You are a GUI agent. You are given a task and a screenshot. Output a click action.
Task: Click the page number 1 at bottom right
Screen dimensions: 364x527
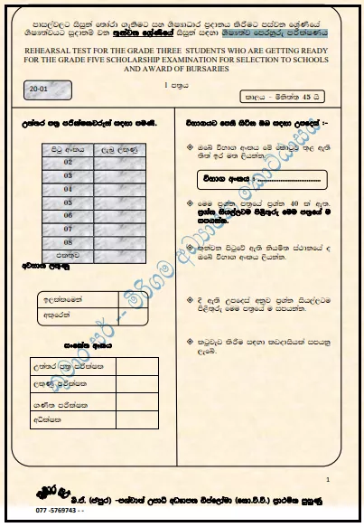[328, 477]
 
